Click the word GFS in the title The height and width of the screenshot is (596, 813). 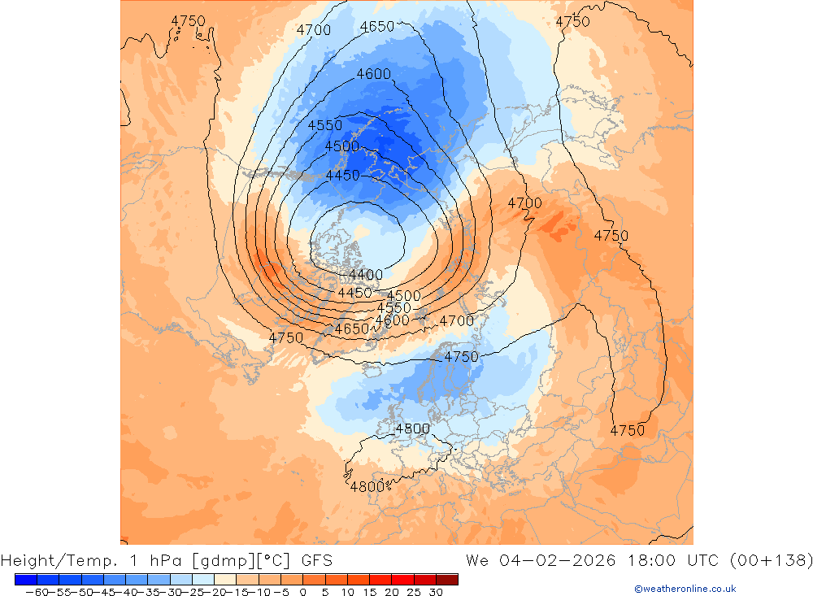click(x=316, y=560)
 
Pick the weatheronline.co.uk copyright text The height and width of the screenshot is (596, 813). click(x=685, y=589)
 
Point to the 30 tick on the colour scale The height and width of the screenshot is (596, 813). click(x=435, y=593)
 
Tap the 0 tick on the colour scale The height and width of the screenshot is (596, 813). click(x=302, y=593)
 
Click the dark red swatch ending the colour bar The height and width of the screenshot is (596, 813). click(x=446, y=579)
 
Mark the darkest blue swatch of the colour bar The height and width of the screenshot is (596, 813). click(x=25, y=579)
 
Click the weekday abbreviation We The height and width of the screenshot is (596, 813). click(x=476, y=560)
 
